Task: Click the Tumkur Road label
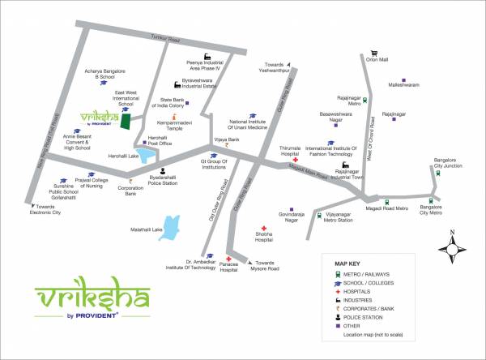169,37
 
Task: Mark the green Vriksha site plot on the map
125,121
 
